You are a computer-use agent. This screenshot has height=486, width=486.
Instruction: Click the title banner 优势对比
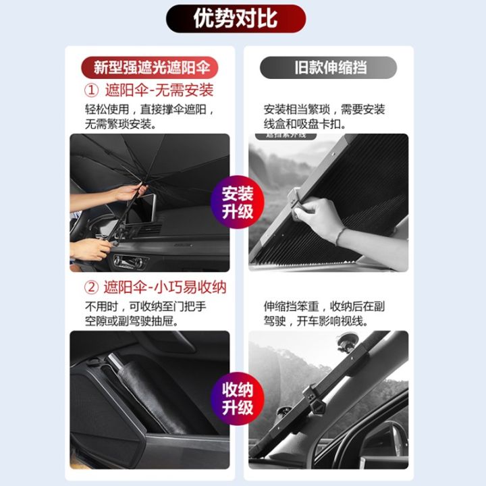pyautogui.click(x=236, y=19)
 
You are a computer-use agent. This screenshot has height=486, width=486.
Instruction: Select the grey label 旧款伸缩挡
pyautogui.click(x=328, y=67)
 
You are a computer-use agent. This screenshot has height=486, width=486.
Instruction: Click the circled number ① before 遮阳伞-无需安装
pyautogui.click(x=92, y=90)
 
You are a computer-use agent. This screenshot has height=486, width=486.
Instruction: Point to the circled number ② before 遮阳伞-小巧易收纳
pyautogui.click(x=92, y=288)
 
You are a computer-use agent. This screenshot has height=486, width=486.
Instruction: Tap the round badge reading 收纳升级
pyautogui.click(x=238, y=399)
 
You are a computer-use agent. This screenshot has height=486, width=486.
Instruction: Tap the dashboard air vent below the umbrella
pyautogui.click(x=128, y=261)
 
